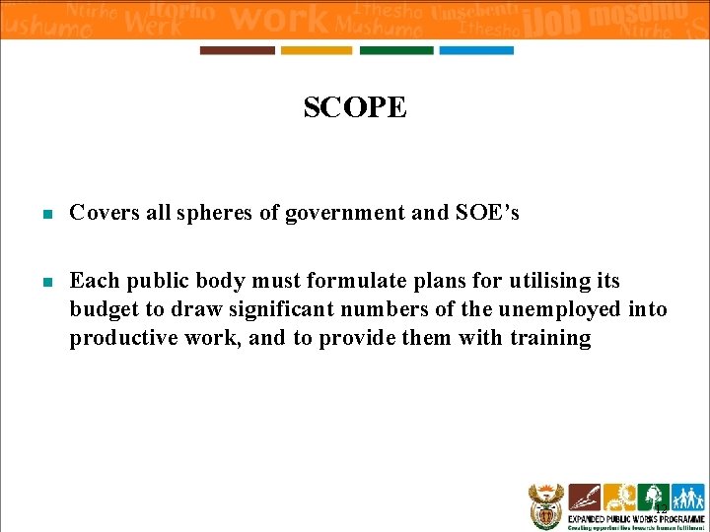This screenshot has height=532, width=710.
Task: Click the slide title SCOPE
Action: (354, 107)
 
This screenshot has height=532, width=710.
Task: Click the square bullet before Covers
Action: (45, 214)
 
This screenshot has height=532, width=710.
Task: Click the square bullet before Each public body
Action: (45, 283)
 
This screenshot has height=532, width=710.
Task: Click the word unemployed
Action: (559, 310)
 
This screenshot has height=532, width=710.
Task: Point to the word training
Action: (550, 339)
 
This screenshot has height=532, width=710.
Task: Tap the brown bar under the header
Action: (238, 50)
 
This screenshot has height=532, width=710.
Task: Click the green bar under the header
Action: (396, 50)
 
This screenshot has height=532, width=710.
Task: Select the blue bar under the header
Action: (476, 50)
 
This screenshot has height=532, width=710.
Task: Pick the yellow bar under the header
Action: (317, 50)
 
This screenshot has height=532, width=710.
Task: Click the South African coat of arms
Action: (544, 504)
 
